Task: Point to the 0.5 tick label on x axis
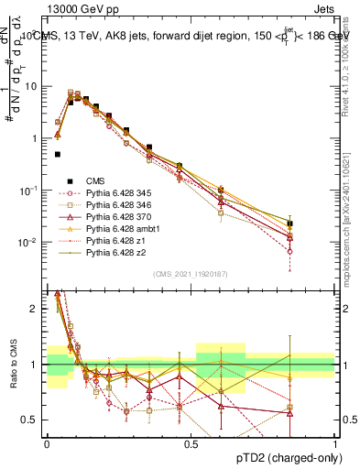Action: [191, 444]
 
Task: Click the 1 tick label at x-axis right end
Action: [334, 444]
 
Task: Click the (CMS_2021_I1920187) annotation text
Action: [190, 273]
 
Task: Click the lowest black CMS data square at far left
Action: [57, 154]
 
